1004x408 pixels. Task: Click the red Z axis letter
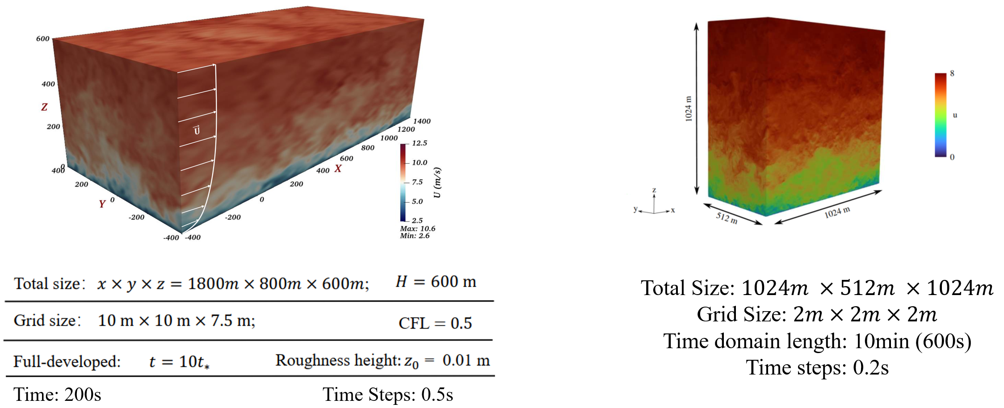(44, 107)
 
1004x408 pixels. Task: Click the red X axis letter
(338, 169)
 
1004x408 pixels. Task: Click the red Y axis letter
(102, 204)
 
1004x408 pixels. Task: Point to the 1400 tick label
(421, 121)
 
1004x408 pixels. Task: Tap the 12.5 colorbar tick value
(419, 143)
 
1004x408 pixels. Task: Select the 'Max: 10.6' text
(417, 229)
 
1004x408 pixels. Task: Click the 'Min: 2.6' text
(415, 236)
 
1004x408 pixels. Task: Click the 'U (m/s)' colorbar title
(437, 183)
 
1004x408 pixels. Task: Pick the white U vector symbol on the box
(197, 130)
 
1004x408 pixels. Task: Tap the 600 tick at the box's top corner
(42, 39)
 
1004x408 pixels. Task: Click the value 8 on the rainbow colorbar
(952, 74)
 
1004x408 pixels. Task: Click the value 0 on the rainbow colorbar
(952, 157)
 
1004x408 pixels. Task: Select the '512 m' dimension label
(727, 218)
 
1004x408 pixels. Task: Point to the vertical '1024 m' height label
(689, 108)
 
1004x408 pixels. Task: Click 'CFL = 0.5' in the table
(435, 323)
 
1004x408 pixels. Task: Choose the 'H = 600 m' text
(436, 282)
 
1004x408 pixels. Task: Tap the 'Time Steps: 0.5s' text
(387, 395)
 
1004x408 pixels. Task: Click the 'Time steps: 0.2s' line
(817, 368)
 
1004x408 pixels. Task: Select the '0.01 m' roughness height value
(466, 360)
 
